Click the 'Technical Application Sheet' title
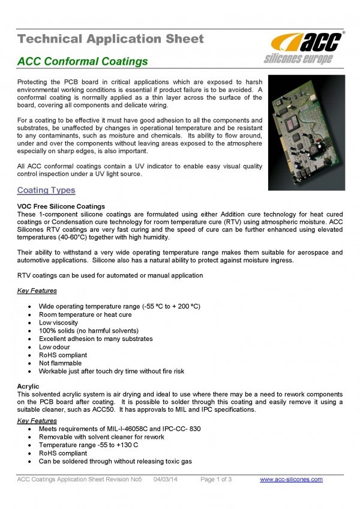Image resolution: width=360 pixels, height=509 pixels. coord(110,40)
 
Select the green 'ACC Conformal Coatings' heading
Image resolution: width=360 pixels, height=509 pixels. coord(82,62)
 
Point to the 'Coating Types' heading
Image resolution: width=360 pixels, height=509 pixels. coord(46,191)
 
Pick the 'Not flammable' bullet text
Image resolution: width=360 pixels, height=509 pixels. coord(60,363)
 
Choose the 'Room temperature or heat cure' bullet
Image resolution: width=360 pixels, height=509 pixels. coord(85,315)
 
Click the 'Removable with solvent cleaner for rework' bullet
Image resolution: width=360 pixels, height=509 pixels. coord(101,437)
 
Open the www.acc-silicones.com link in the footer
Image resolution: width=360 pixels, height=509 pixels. coord(291,479)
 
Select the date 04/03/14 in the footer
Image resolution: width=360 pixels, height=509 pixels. coord(166,479)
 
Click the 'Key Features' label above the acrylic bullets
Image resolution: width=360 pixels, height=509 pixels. coord(37,421)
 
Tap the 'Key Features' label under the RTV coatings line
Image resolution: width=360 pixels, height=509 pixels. coord(37,291)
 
